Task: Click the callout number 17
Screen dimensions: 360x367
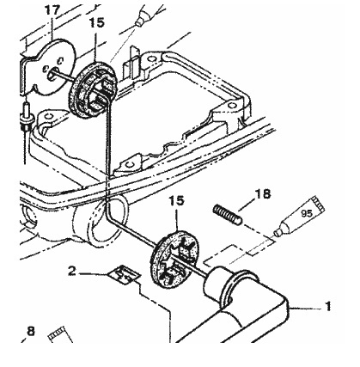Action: [x=52, y=11]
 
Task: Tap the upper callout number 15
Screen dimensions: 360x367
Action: [x=97, y=22]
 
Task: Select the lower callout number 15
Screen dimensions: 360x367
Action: [x=176, y=201]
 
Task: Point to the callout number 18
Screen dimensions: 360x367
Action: [x=263, y=194]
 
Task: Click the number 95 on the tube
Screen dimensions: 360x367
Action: [x=306, y=213]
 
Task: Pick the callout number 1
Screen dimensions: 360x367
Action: [x=328, y=306]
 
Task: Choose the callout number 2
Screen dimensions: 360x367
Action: [x=72, y=271]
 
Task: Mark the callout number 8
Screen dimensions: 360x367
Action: [x=31, y=331]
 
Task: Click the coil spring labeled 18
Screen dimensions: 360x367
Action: [x=228, y=214]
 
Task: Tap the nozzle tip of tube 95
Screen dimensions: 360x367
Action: [x=277, y=233]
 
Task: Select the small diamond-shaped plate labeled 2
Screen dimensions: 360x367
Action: [x=124, y=275]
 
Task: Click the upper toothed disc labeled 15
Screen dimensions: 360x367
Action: [x=93, y=89]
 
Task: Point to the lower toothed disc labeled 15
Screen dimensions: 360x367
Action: [x=174, y=260]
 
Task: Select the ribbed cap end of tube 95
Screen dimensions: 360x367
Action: [x=318, y=205]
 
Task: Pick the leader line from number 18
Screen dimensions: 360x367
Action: [x=247, y=205]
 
